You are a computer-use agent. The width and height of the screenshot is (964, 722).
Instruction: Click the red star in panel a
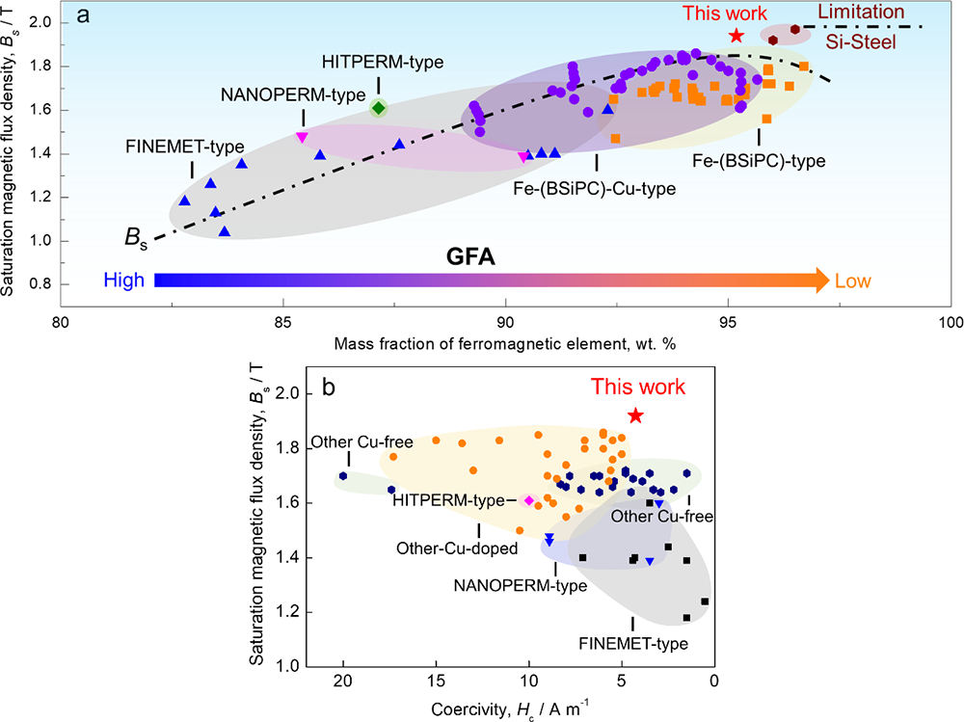tap(736, 36)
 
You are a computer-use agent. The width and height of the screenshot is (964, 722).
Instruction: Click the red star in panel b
tap(635, 415)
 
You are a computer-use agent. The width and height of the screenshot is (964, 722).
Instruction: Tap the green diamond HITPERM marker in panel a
tap(379, 108)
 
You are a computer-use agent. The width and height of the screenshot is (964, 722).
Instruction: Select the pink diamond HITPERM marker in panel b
tap(528, 500)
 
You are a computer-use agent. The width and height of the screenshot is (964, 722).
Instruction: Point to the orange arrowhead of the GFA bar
tap(818, 280)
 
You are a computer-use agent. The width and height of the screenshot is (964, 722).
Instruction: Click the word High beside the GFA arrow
tap(122, 281)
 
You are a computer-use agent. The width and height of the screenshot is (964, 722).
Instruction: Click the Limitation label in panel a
tap(862, 12)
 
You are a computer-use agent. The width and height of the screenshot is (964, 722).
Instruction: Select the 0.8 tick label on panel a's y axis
tap(39, 284)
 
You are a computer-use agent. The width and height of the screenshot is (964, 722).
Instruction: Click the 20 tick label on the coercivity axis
tap(343, 683)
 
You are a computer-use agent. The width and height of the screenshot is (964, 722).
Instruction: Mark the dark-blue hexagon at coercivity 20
tap(343, 476)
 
